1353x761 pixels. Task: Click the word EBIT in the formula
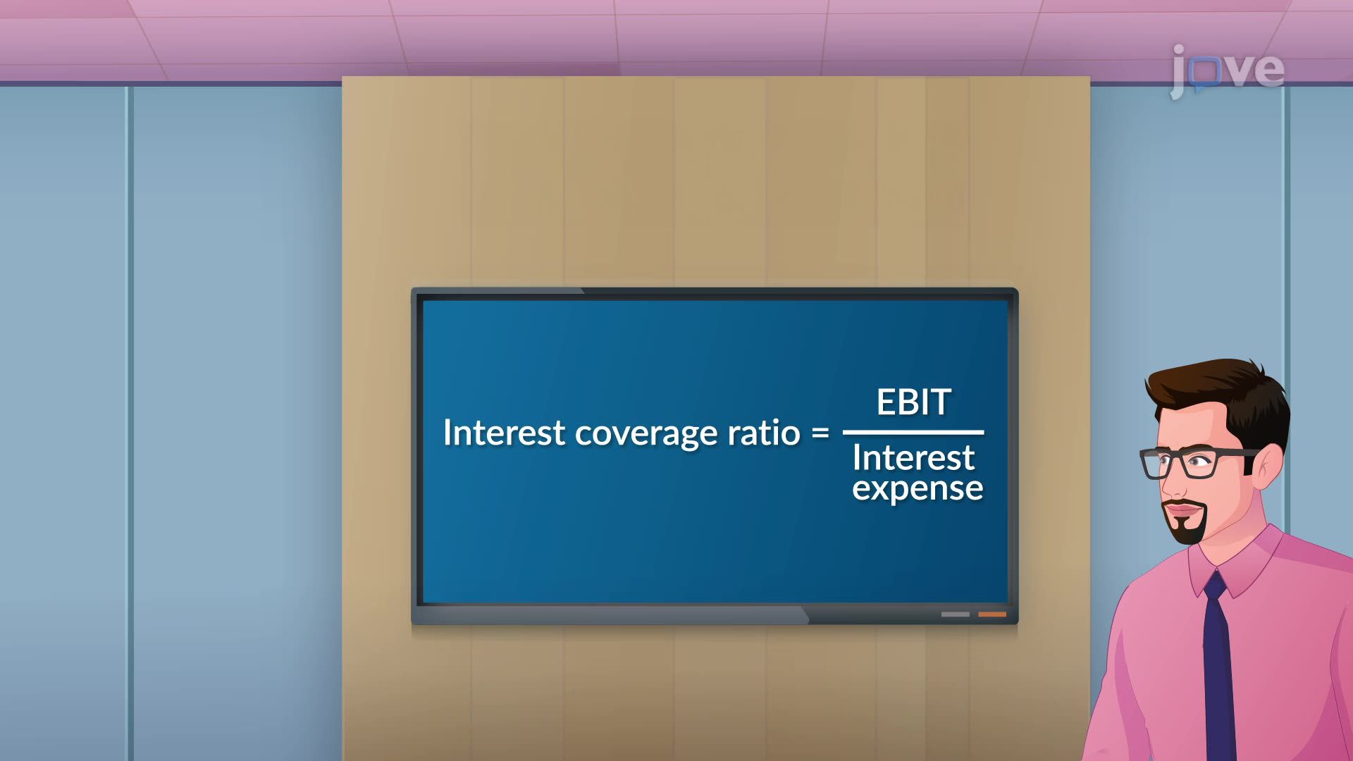tap(913, 402)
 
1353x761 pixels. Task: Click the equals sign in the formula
tap(820, 432)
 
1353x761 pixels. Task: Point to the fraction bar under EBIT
tap(913, 432)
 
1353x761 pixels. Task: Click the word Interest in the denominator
tap(913, 458)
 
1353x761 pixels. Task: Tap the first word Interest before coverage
tap(504, 432)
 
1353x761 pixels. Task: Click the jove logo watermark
tap(1227, 70)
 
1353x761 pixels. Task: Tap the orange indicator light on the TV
tap(992, 614)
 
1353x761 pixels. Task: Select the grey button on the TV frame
tap(956, 614)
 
